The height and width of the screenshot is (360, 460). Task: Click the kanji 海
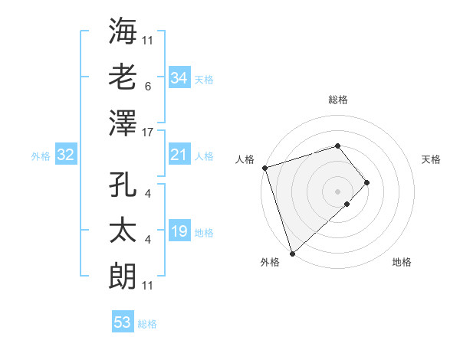coord(123,31)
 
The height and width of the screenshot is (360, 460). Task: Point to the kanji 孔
coord(123,186)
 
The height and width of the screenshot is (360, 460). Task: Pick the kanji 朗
coord(123,273)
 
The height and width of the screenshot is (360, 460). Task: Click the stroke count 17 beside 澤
coord(149,133)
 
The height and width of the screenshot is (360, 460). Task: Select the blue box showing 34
coord(179,78)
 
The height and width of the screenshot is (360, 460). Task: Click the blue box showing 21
coord(179,155)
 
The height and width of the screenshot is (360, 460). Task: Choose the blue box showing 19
coord(179,231)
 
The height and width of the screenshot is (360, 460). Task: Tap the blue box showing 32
coord(65,155)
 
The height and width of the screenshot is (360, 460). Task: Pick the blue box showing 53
coord(122,322)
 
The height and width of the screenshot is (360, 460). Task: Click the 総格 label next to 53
coord(147,324)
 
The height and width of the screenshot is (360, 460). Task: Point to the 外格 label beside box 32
coord(41,156)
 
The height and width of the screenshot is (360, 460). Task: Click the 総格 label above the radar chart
coord(337,100)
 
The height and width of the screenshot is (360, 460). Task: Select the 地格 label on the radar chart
coord(402,262)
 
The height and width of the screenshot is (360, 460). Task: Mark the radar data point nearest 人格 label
coord(264,168)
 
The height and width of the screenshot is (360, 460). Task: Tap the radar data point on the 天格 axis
coord(367,182)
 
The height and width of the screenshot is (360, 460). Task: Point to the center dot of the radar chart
coord(337,190)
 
